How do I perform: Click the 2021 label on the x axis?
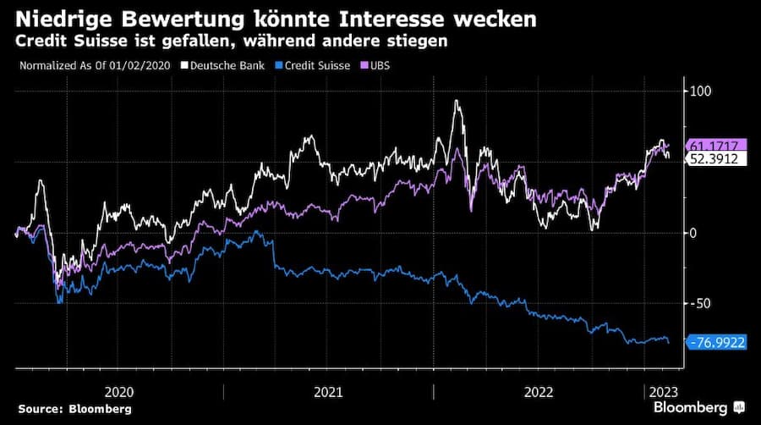coord(328,392)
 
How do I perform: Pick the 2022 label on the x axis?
coord(539,392)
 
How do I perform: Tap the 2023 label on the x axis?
coord(661,392)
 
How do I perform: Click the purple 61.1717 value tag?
coord(715,145)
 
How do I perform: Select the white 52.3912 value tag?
coord(715,158)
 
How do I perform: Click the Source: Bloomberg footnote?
coord(74,409)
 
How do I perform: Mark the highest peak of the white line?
coord(457,101)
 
